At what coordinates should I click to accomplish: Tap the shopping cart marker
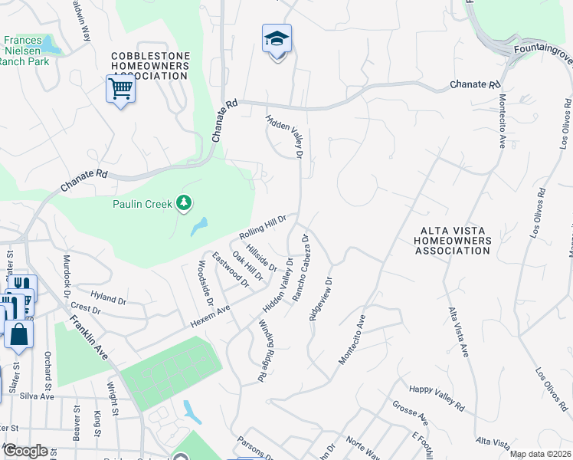click(x=120, y=90)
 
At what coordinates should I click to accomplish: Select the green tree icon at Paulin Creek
click(x=183, y=203)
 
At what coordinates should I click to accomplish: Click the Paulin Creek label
click(x=142, y=203)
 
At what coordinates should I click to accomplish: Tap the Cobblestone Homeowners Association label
click(x=160, y=67)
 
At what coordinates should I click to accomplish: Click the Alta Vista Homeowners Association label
click(x=450, y=240)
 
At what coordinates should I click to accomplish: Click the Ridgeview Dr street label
click(x=322, y=301)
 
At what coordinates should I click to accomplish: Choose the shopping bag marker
click(x=18, y=334)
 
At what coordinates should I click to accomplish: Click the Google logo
click(x=25, y=451)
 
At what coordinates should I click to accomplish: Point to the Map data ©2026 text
click(x=540, y=454)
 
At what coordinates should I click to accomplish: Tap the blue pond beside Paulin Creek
click(x=199, y=226)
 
